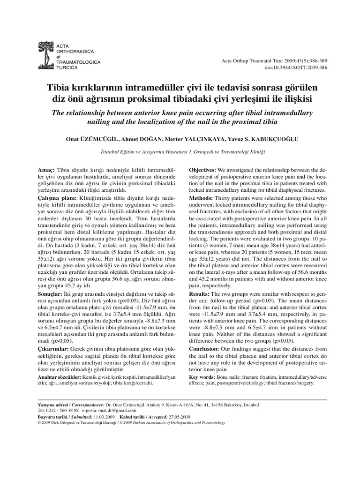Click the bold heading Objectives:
coord(202,169)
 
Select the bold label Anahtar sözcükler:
coord(59,377)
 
